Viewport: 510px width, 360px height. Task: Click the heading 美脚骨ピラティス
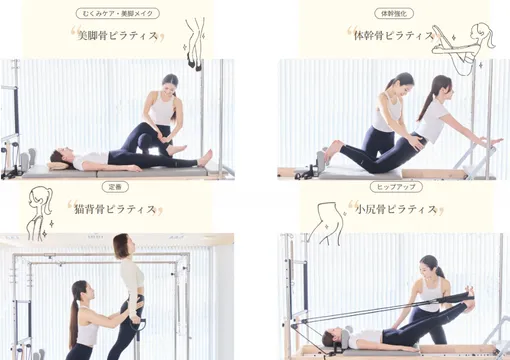[x=121, y=34]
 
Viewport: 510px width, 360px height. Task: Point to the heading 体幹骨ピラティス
[x=393, y=36]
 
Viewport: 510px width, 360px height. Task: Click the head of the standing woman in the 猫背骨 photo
[x=123, y=245]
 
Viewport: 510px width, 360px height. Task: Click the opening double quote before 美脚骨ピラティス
[x=74, y=33]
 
